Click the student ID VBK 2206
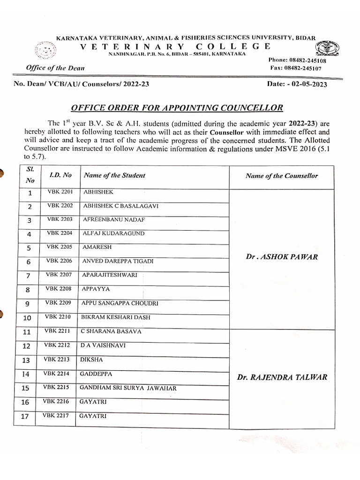coord(59,261)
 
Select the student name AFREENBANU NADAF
coord(113,219)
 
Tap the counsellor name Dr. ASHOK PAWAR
coord(281,257)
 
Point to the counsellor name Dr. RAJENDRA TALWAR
coord(282,377)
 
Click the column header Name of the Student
coord(114,175)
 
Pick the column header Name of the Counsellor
coord(281,176)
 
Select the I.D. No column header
coord(60,175)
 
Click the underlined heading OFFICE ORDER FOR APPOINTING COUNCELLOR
coord(177,108)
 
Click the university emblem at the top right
coord(327,48)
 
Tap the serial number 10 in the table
coord(27,318)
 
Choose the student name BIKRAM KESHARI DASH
coord(116,317)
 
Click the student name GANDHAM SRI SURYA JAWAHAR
coord(128,388)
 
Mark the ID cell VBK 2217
coord(55,415)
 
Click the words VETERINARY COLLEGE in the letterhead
coord(176,46)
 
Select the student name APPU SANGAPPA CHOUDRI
coord(120,303)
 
